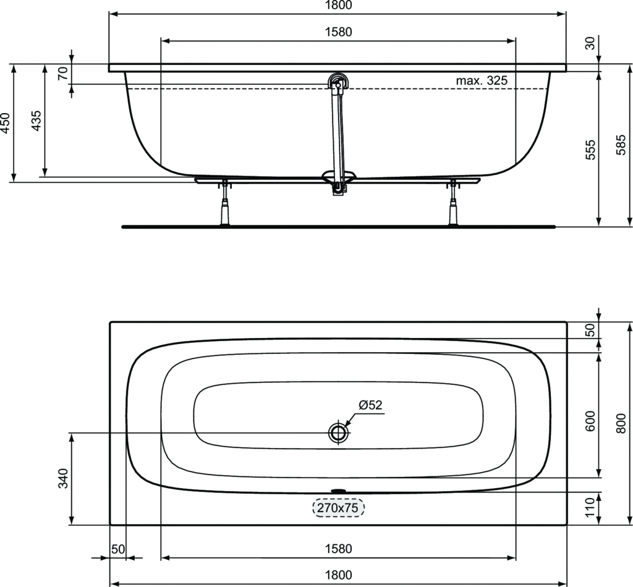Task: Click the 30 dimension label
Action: coord(590,43)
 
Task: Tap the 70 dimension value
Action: coord(63,74)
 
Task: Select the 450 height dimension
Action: coord(5,122)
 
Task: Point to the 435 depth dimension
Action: coord(36,120)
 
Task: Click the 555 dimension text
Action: coord(590,150)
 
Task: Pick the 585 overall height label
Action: coord(622,145)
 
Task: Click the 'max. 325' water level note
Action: coord(482,80)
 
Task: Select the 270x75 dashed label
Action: coord(338,507)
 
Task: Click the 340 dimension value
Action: coord(64,478)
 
